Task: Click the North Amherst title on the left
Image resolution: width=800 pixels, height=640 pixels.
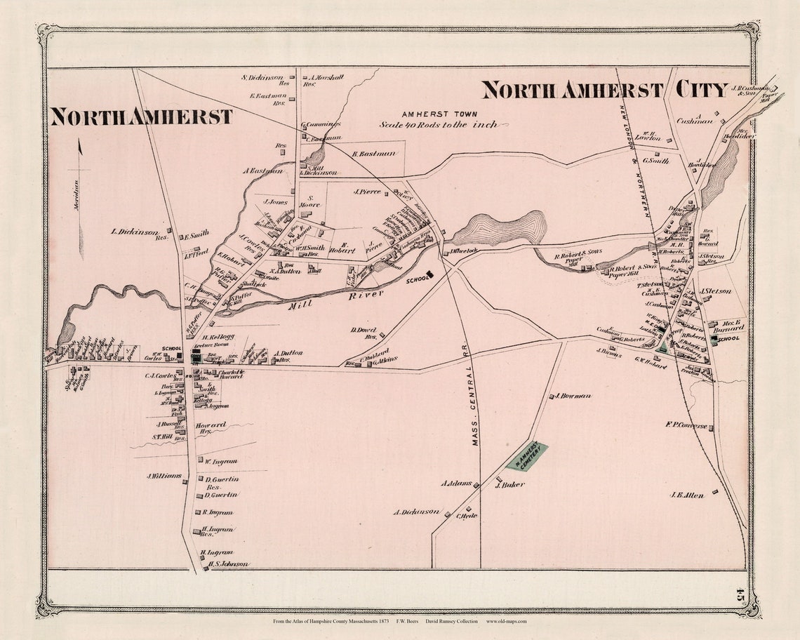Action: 141,116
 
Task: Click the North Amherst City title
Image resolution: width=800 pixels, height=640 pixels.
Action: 604,90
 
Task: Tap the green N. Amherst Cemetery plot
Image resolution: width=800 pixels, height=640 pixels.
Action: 526,456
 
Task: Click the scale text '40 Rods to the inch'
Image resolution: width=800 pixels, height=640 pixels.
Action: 439,124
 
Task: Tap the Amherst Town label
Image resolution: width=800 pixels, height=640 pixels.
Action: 439,114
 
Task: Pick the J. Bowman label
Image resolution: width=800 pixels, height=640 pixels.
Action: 572,396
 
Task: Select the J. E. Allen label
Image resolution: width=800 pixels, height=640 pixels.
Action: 686,494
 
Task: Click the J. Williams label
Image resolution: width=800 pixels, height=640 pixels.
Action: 164,476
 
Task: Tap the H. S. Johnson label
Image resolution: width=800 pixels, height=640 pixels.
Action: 228,564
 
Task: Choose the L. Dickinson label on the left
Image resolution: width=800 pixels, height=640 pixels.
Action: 134,231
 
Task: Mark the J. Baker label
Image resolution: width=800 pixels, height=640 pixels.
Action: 510,484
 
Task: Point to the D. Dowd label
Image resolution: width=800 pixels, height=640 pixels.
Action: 364,329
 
